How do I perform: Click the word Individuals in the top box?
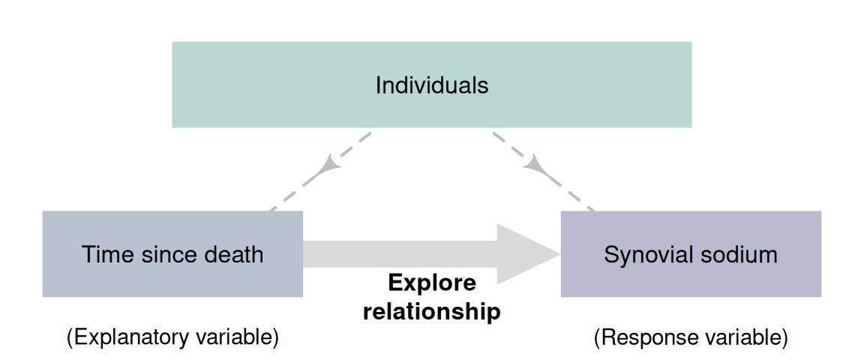point(431,85)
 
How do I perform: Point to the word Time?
point(103,254)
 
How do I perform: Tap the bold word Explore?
point(431,283)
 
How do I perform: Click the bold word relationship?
point(431,310)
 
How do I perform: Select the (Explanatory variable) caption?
point(172,337)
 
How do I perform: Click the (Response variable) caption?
point(690,337)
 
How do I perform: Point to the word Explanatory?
point(134,337)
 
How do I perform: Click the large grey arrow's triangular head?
point(525,254)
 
